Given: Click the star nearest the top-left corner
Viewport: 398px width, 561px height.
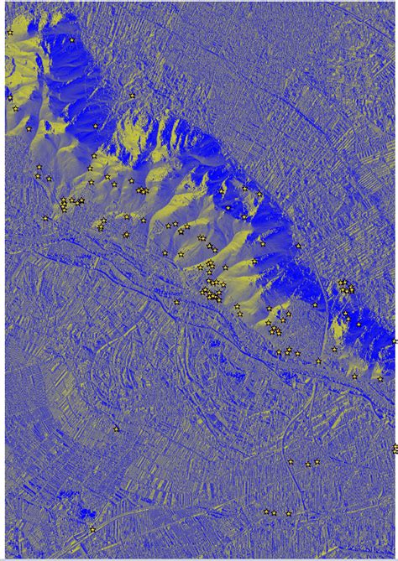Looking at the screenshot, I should pos(9,32).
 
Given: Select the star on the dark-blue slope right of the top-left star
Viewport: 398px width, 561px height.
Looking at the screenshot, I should pos(72,40).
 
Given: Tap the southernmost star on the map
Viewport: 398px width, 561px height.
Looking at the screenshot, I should pos(92,529).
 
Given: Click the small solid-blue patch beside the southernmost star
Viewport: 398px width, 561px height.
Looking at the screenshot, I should pos(84,513).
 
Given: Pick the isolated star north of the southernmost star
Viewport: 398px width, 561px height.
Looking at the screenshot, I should pos(116,429).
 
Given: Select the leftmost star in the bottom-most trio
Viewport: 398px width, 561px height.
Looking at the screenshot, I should pos(266,511).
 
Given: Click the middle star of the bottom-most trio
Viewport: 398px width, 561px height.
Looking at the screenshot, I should pos(274,512).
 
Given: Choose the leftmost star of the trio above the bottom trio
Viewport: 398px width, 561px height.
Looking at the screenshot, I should pos(291,461).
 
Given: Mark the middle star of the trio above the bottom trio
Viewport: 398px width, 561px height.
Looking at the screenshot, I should pos(307,464).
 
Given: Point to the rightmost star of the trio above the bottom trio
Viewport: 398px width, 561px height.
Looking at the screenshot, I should pos(317,461).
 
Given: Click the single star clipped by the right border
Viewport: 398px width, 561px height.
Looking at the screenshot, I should pos(395,340).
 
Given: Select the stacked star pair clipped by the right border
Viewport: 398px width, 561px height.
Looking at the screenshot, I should pos(395,449).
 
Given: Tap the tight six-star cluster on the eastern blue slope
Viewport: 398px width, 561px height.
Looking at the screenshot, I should pos(346,287).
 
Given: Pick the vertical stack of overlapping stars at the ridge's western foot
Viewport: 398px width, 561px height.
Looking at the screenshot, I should pos(64,204).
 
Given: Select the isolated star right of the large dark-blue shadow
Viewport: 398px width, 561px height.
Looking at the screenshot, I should pos(132,96).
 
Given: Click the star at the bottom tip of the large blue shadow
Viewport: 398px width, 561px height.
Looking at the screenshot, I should pos(96,127).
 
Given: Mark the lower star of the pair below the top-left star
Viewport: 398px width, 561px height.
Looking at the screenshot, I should pos(15,108).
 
